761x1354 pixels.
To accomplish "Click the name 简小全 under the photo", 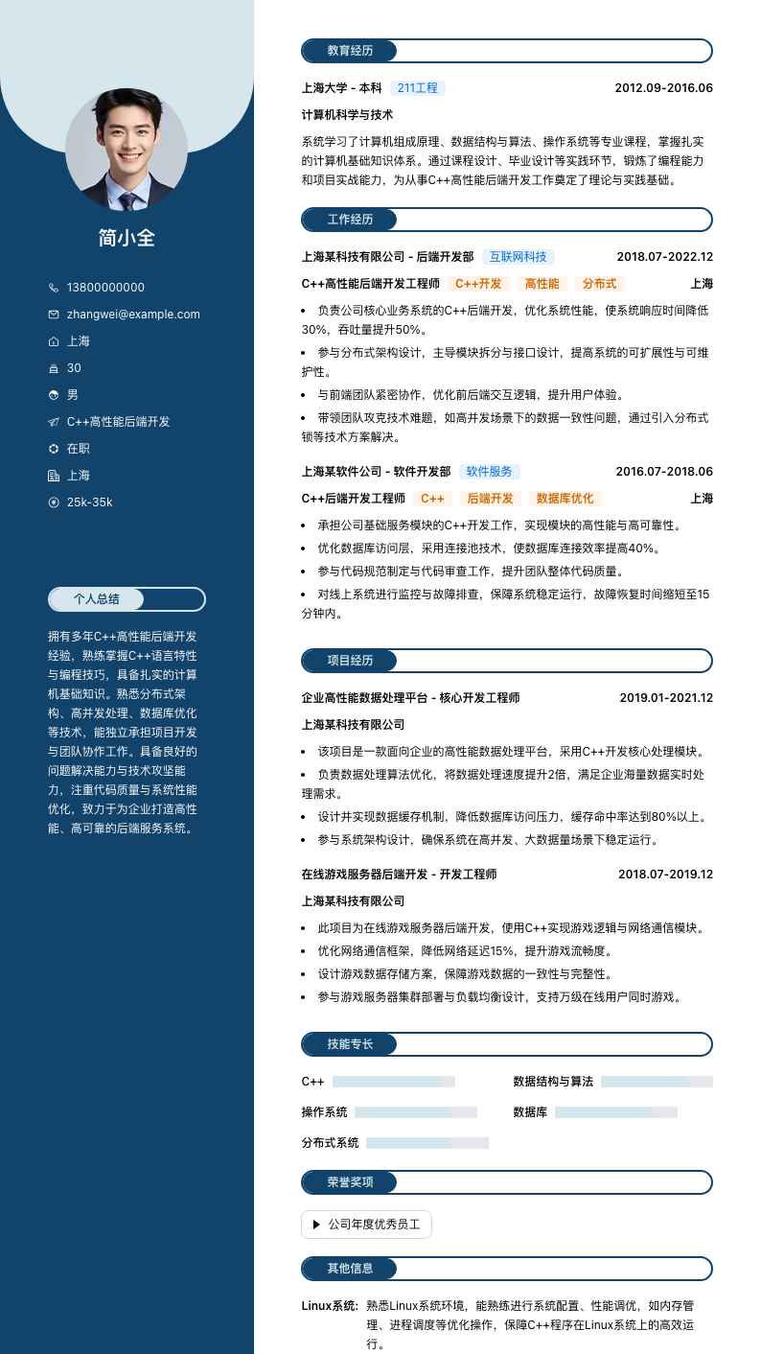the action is pyautogui.click(x=127, y=238).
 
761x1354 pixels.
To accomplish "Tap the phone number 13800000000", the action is pyautogui.click(x=105, y=288).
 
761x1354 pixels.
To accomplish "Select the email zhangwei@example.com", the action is pyautogui.click(x=133, y=315).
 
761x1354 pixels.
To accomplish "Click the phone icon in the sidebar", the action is pyautogui.click(x=54, y=288).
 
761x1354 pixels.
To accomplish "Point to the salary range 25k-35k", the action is pyautogui.click(x=89, y=502).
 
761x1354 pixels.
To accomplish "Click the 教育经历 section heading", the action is pyautogui.click(x=350, y=51).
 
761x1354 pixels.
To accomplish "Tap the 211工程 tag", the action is pyautogui.click(x=417, y=88).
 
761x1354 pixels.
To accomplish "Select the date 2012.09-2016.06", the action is pyautogui.click(x=663, y=88).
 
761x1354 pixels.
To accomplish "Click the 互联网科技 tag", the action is pyautogui.click(x=518, y=257).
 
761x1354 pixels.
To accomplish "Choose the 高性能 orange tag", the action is pyautogui.click(x=542, y=284).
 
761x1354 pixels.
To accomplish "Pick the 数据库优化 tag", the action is pyautogui.click(x=565, y=499).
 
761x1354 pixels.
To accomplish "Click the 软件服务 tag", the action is pyautogui.click(x=489, y=472).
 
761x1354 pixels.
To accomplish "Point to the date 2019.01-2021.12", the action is pyautogui.click(x=665, y=698).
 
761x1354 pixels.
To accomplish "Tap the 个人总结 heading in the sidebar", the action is pyautogui.click(x=97, y=599).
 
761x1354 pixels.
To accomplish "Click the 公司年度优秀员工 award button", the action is pyautogui.click(x=366, y=1225).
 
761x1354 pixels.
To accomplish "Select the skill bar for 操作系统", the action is pyautogui.click(x=415, y=1112).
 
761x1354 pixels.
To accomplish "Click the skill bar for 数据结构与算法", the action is pyautogui.click(x=657, y=1082).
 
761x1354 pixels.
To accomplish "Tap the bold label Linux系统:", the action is pyautogui.click(x=329, y=1306).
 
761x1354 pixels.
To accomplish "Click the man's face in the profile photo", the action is pyautogui.click(x=127, y=137).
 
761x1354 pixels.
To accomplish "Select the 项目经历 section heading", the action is pyautogui.click(x=350, y=661).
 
